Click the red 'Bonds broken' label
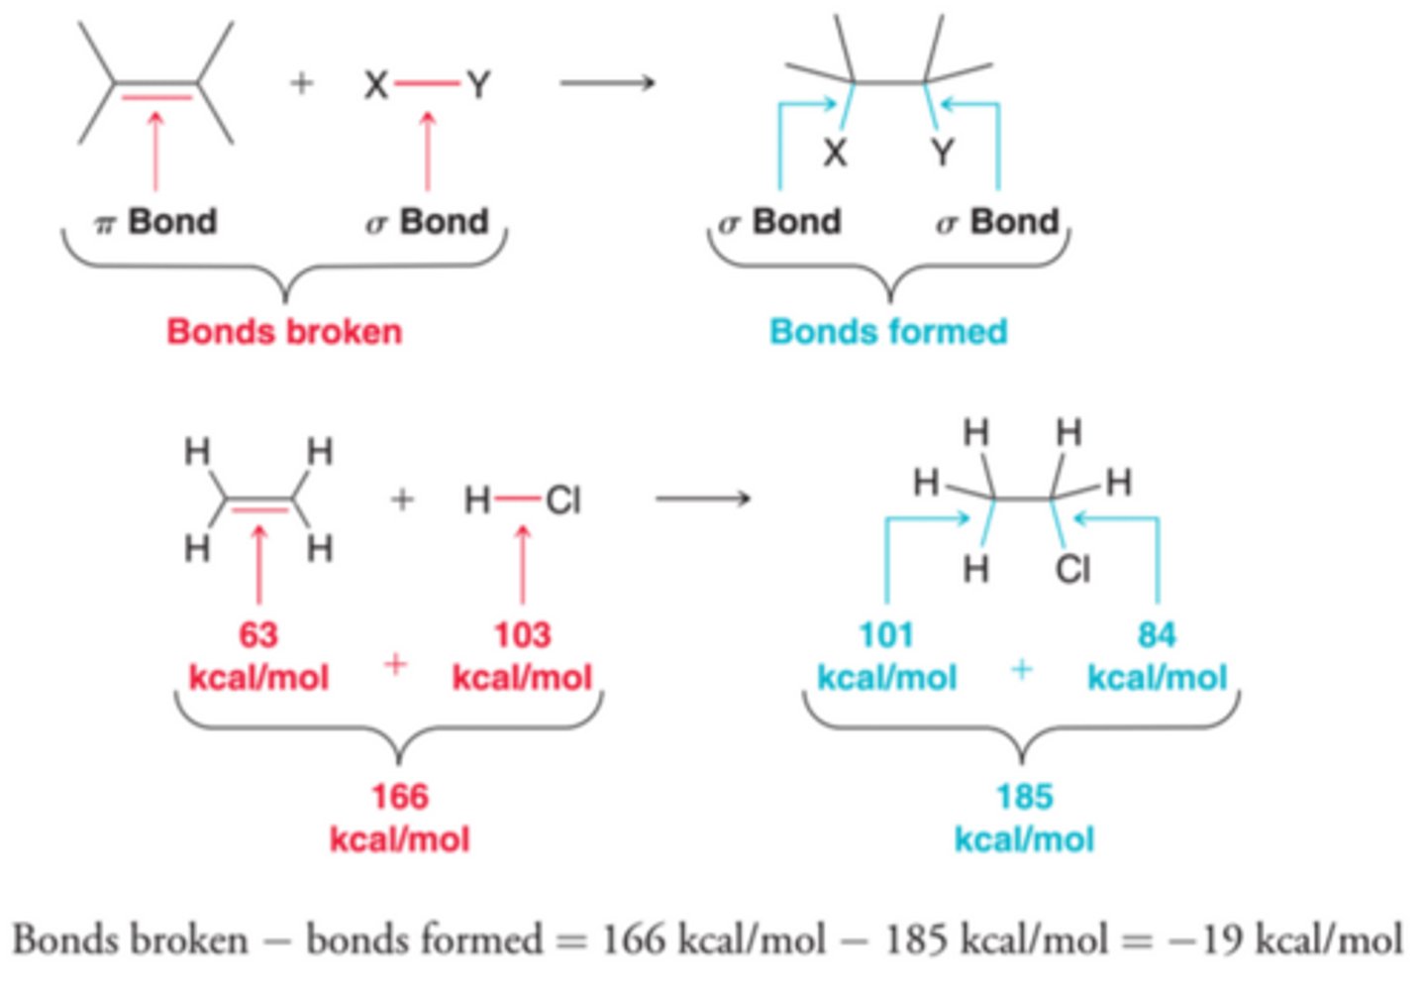(x=284, y=331)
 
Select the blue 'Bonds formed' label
(x=888, y=331)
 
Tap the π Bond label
(x=155, y=221)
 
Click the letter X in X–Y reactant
(x=375, y=85)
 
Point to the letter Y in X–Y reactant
(x=478, y=85)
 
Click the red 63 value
(x=258, y=634)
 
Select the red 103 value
(x=522, y=634)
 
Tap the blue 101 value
(x=886, y=634)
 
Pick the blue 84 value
(x=1157, y=634)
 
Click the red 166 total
(x=399, y=797)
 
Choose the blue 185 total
(x=1024, y=797)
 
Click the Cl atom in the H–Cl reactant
(x=562, y=500)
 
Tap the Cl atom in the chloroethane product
(x=1072, y=570)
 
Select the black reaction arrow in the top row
(x=607, y=82)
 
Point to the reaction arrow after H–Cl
(x=703, y=497)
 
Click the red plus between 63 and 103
(x=395, y=663)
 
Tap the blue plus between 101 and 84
(x=1022, y=670)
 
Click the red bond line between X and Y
(x=427, y=84)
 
